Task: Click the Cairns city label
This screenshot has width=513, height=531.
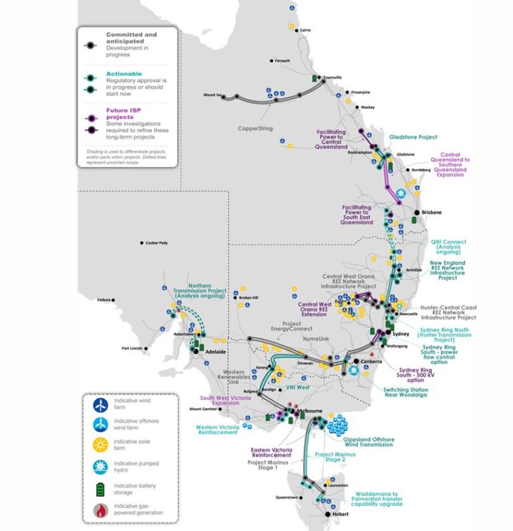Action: pos(306,30)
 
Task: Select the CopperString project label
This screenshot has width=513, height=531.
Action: pos(255,128)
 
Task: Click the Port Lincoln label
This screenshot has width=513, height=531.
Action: pos(134,348)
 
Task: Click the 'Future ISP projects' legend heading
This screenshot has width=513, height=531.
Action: pos(122,114)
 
